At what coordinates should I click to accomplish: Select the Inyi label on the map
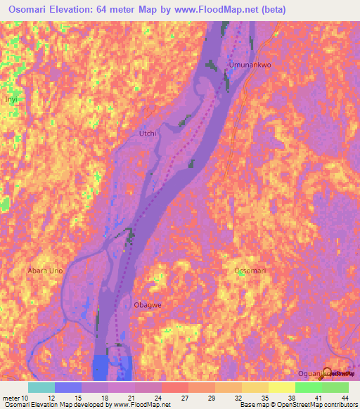pos(11,100)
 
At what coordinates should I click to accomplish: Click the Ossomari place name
pos(251,270)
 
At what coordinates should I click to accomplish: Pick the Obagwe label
pos(148,305)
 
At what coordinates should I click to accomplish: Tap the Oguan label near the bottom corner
pos(309,374)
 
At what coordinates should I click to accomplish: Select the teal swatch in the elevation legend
pos(41,387)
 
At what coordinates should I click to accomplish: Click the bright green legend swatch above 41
pos(309,387)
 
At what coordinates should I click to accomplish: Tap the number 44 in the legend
pos(345,397)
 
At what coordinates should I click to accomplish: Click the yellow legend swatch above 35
pos(255,387)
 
